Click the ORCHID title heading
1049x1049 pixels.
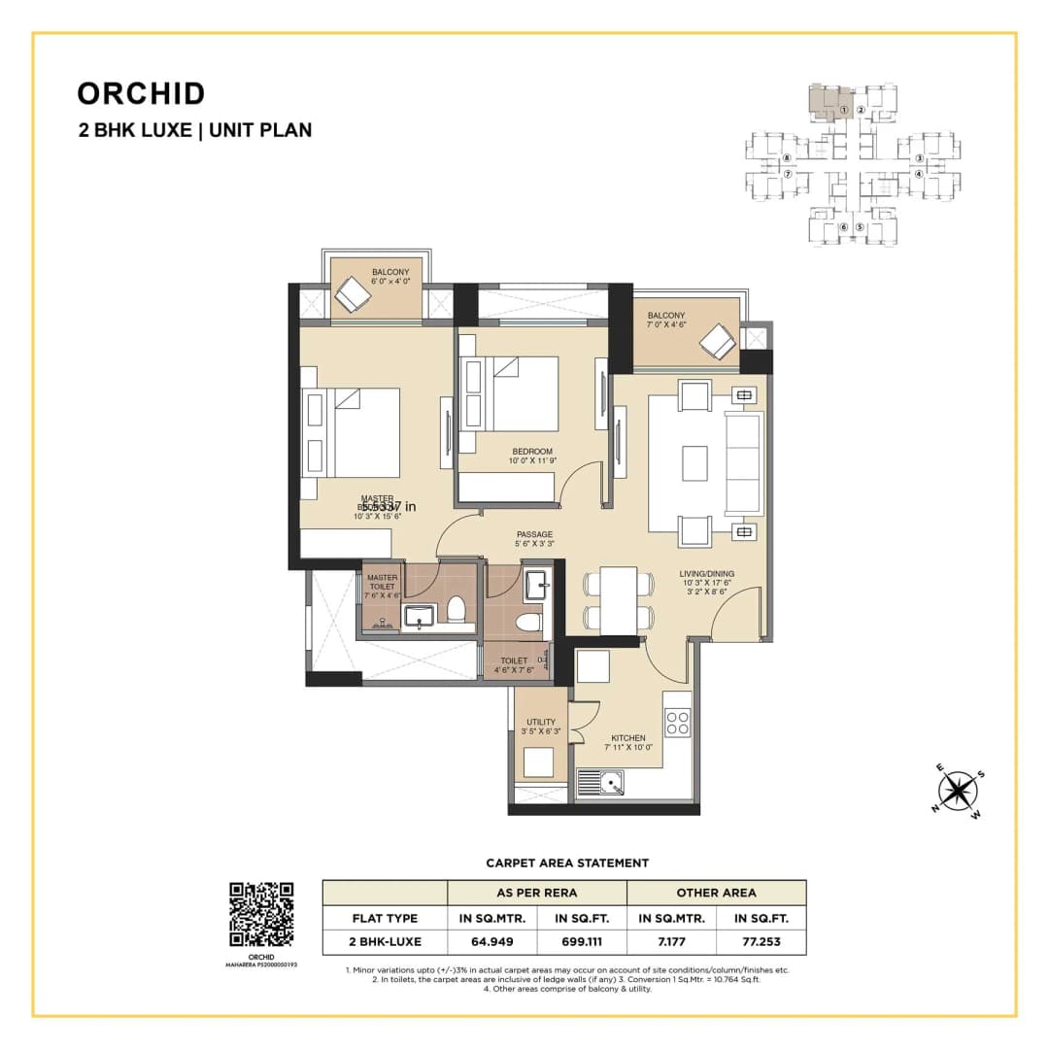(x=141, y=93)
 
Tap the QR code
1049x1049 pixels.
(x=260, y=914)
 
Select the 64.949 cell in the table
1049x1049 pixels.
(x=492, y=941)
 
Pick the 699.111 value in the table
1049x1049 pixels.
(x=582, y=941)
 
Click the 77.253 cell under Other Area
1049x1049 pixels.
(x=761, y=941)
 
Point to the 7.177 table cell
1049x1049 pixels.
(x=671, y=941)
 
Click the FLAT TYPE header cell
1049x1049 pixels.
(x=385, y=917)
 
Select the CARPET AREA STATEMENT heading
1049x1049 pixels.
(x=567, y=863)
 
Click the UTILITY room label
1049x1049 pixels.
(x=540, y=722)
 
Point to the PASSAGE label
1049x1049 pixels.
(x=534, y=534)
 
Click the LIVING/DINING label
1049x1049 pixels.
(x=706, y=574)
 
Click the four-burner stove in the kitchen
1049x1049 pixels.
(x=676, y=722)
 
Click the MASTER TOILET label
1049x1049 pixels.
(x=382, y=583)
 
